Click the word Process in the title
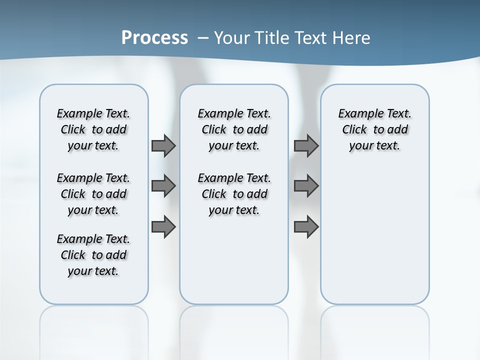click(x=154, y=38)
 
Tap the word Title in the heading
click(x=273, y=38)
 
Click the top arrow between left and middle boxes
click(x=163, y=145)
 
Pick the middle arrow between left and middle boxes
click(x=163, y=186)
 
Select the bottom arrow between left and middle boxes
click(x=163, y=227)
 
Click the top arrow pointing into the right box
click(x=306, y=145)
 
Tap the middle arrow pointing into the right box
click(x=306, y=186)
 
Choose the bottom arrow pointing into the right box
click(x=306, y=227)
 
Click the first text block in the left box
click(x=93, y=129)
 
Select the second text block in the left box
click(x=93, y=194)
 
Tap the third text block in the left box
click(x=93, y=255)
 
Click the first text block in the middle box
click(x=234, y=129)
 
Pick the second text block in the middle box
click(x=234, y=194)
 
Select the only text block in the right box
click(x=375, y=129)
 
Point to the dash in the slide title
click(x=203, y=38)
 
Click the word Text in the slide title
click(x=310, y=38)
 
